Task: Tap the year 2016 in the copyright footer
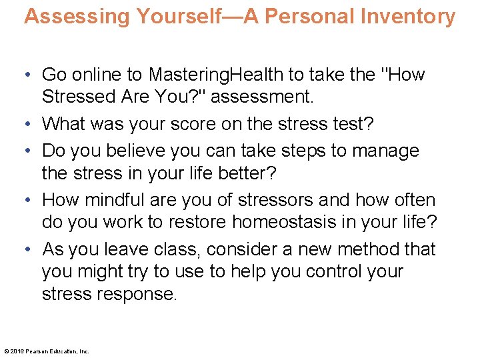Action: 15,351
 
